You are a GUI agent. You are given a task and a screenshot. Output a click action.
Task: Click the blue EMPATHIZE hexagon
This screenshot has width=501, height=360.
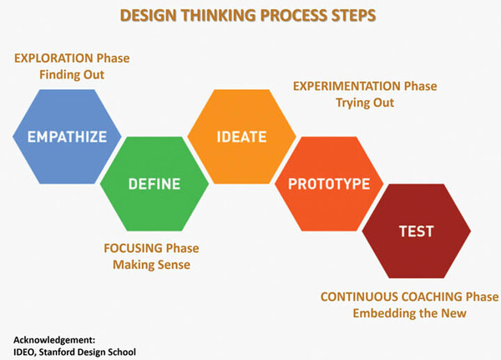(x=67, y=137)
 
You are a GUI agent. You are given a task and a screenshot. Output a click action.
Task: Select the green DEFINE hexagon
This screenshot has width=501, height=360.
(x=154, y=184)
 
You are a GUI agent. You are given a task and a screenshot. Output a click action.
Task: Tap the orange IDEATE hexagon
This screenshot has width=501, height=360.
(x=241, y=137)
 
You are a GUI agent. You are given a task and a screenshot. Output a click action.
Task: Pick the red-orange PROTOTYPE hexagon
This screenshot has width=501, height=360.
(x=329, y=184)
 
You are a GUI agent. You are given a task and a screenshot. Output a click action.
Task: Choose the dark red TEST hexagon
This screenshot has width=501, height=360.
(x=417, y=231)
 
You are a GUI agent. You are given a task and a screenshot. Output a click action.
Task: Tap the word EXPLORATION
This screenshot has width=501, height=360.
(x=53, y=58)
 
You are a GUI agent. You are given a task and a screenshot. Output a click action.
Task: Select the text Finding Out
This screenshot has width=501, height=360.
(x=72, y=75)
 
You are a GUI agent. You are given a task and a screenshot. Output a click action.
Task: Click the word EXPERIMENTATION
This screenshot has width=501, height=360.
(x=347, y=86)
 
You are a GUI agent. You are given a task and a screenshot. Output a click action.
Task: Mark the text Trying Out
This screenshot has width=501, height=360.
(x=365, y=103)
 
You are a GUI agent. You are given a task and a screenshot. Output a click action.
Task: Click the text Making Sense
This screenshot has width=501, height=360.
(x=151, y=265)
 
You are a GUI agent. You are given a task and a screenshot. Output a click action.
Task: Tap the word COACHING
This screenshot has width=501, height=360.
(x=432, y=297)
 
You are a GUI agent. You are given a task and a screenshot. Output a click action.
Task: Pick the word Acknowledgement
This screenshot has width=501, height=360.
(x=54, y=340)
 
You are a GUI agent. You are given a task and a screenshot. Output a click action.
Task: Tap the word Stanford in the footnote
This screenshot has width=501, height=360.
(x=57, y=352)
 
